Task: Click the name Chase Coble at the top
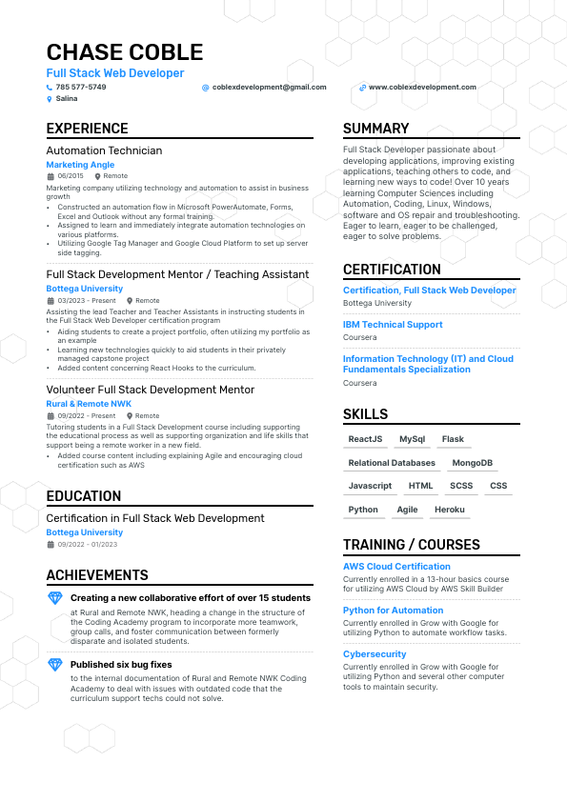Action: [x=124, y=52]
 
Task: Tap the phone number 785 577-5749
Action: [x=81, y=87]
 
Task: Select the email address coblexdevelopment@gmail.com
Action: [x=269, y=87]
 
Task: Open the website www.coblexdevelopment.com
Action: [x=421, y=87]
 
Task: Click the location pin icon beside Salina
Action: [x=50, y=98]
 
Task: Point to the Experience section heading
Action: [x=87, y=129]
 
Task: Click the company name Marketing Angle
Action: [x=80, y=165]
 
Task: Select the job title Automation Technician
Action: [x=104, y=150]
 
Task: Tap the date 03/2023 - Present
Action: [x=86, y=300]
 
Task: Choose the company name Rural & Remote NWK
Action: [x=89, y=404]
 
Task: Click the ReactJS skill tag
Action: [x=365, y=439]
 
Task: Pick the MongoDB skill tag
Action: [x=472, y=463]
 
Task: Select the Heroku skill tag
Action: [x=449, y=510]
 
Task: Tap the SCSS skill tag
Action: [x=461, y=486]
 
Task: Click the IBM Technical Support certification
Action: [x=393, y=325]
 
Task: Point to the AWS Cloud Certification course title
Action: [x=396, y=567]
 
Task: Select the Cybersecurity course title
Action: [x=375, y=654]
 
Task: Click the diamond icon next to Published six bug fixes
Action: [x=54, y=664]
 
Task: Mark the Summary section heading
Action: [x=375, y=129]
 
